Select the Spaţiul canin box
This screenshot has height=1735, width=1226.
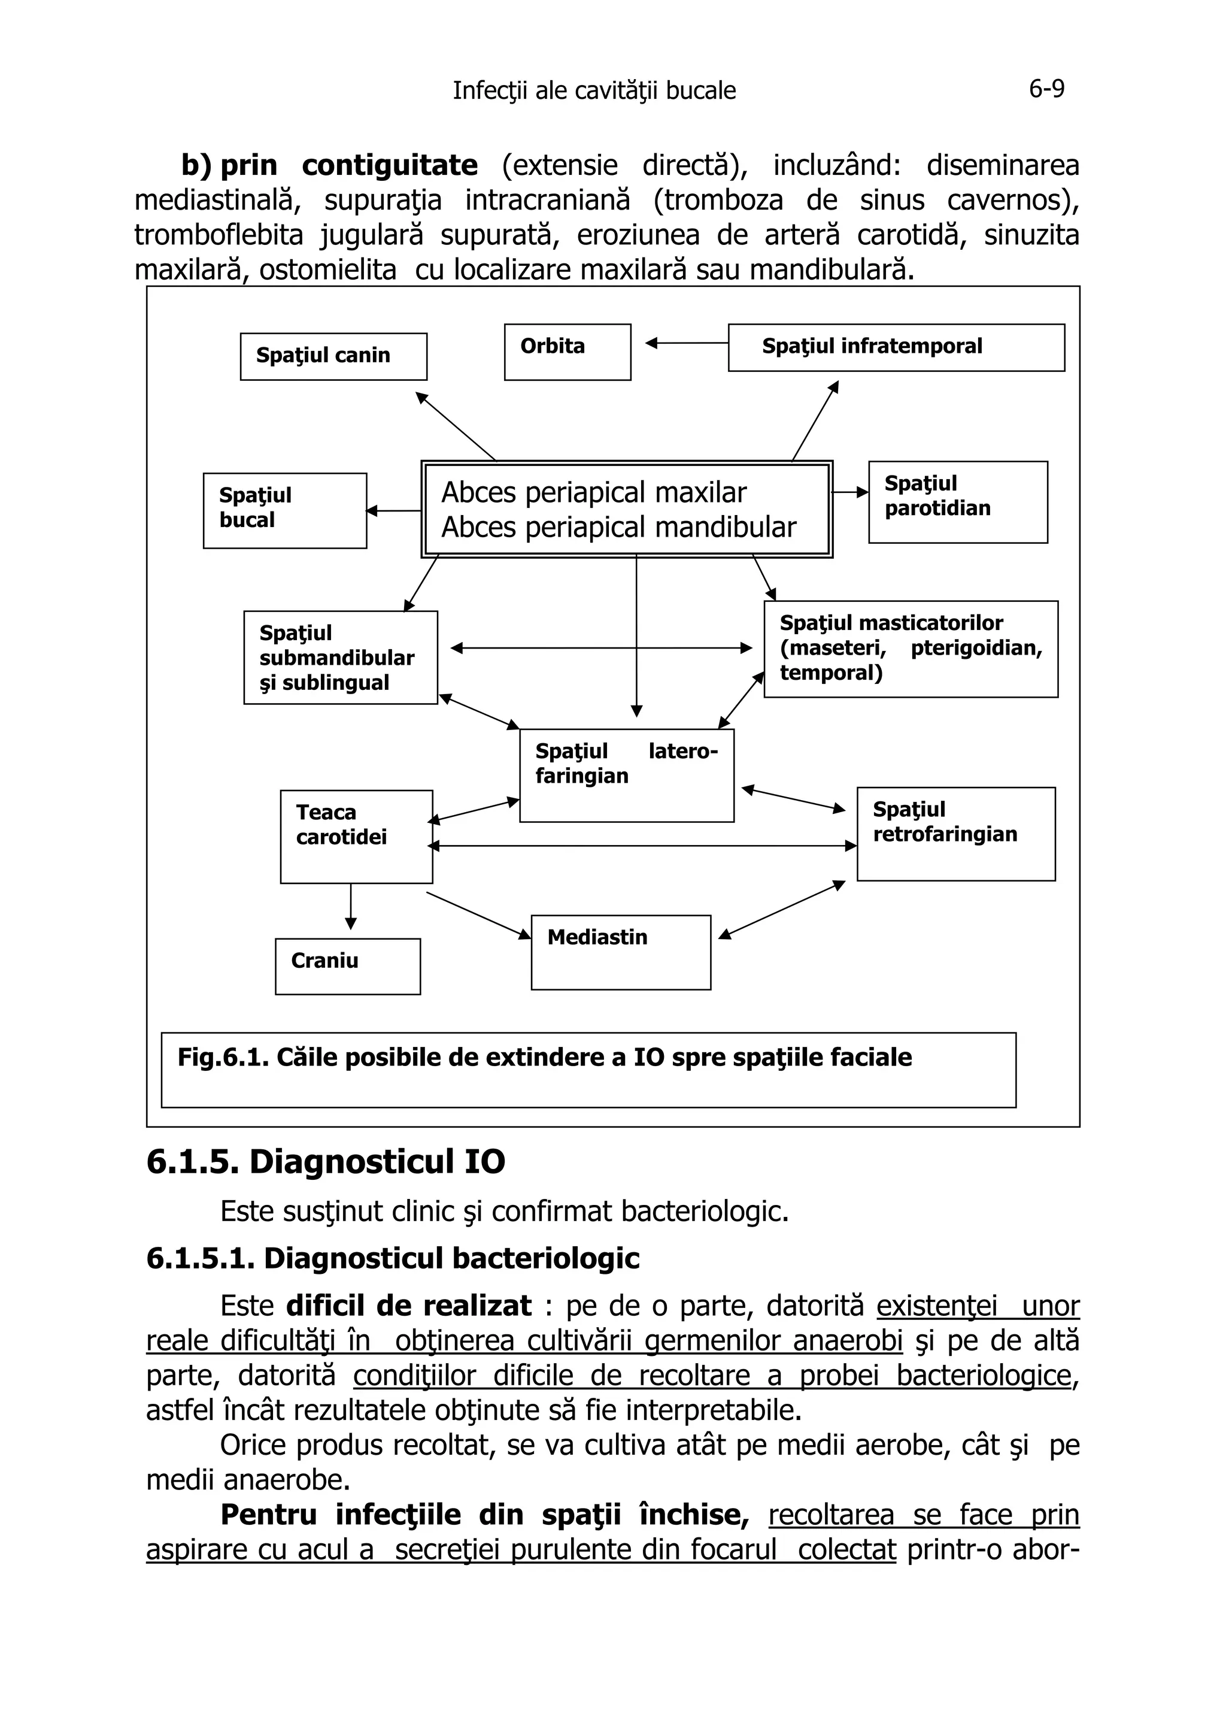click(333, 356)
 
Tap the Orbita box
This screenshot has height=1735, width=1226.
click(568, 352)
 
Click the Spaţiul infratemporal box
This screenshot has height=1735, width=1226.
click(896, 347)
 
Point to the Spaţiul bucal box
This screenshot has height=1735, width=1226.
click(285, 510)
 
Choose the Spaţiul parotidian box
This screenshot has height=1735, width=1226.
click(957, 502)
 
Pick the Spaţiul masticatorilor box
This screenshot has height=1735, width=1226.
click(911, 649)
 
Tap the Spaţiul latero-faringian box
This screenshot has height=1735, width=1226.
click(626, 774)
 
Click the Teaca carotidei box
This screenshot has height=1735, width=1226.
click(356, 836)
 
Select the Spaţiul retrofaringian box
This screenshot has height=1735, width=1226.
click(955, 834)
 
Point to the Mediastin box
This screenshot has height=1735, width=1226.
click(620, 952)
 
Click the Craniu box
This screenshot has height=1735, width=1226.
click(347, 966)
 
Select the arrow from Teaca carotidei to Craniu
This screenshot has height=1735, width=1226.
click(351, 907)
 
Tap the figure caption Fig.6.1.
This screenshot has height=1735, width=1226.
click(544, 1057)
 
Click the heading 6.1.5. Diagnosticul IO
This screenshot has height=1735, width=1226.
click(326, 1161)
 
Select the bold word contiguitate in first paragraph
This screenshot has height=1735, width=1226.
click(390, 165)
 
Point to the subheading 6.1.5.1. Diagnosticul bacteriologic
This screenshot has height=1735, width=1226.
click(393, 1258)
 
